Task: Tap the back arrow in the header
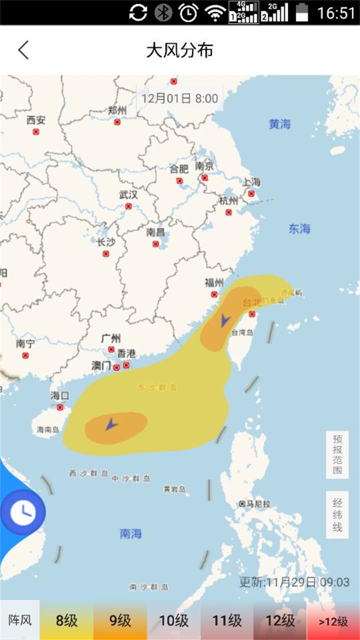tap(23, 50)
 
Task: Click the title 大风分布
tap(180, 50)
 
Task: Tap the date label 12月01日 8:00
tap(179, 98)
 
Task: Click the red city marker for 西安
tap(36, 132)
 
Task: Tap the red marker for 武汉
tap(128, 206)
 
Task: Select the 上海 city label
tap(251, 182)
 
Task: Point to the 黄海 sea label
tap(279, 124)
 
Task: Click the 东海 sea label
tap(299, 229)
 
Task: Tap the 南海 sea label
tap(131, 533)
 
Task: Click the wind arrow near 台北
tap(225, 320)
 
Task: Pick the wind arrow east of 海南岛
tap(111, 425)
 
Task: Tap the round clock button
tap(23, 512)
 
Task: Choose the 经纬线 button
tap(337, 514)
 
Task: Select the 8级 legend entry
tap(66, 621)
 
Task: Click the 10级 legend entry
tap(173, 621)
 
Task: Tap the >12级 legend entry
tap(333, 621)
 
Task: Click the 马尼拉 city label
tap(258, 504)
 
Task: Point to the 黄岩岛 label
tap(174, 489)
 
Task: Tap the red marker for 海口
tap(60, 407)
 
